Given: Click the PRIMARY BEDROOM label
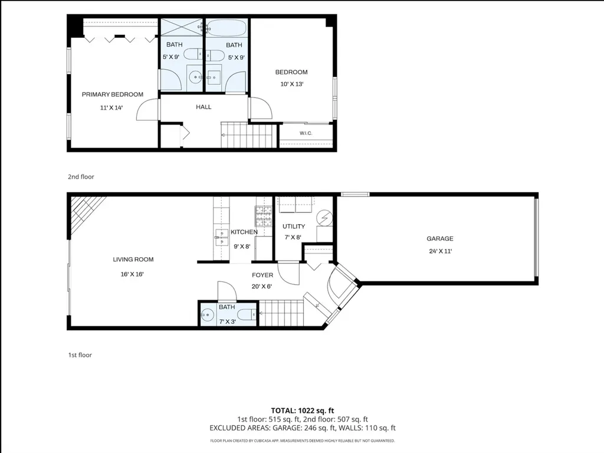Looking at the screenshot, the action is pyautogui.click(x=113, y=94).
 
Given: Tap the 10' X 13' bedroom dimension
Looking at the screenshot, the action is pyautogui.click(x=292, y=84).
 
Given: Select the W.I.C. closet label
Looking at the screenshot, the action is pyautogui.click(x=306, y=133).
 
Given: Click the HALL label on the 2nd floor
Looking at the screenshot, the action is pyautogui.click(x=203, y=107).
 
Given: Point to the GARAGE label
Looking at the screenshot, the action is pyautogui.click(x=440, y=238).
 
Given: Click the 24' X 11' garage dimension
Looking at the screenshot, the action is pyautogui.click(x=440, y=251).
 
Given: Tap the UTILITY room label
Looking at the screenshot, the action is pyautogui.click(x=294, y=226).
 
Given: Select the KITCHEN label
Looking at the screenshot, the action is pyautogui.click(x=244, y=232).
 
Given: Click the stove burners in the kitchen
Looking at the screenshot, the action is pyautogui.click(x=264, y=216).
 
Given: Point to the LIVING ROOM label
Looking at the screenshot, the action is pyautogui.click(x=133, y=260).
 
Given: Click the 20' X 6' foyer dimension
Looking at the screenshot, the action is pyautogui.click(x=262, y=286).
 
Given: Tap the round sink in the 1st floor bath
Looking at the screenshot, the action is pyautogui.click(x=207, y=315).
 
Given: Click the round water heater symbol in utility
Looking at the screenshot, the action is pyautogui.click(x=324, y=218).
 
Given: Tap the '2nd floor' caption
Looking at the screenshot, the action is pyautogui.click(x=81, y=177).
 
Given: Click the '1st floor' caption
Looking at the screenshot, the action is pyautogui.click(x=80, y=354).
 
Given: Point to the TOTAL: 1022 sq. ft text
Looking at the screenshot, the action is pyautogui.click(x=303, y=411).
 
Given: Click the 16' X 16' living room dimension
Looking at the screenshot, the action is pyautogui.click(x=132, y=274).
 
